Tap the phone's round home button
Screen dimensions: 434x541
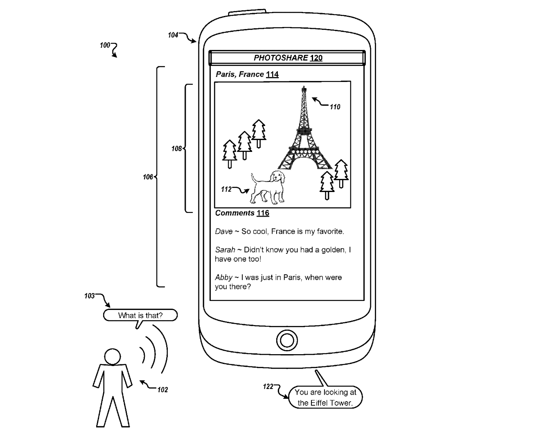pyautogui.click(x=286, y=340)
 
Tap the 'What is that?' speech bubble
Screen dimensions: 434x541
pyautogui.click(x=140, y=315)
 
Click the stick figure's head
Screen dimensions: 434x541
pyautogui.click(x=112, y=357)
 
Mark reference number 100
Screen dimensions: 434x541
pyautogui.click(x=105, y=45)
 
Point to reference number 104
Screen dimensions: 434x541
pyautogui.click(x=173, y=35)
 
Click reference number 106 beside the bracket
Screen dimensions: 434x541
pyautogui.click(x=148, y=177)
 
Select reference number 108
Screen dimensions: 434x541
pyautogui.click(x=176, y=149)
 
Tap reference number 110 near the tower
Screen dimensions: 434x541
pyautogui.click(x=335, y=107)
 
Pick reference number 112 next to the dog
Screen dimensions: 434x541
pyautogui.click(x=226, y=189)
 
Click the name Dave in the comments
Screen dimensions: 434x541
pyautogui.click(x=224, y=231)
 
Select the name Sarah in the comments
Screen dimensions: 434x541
pyautogui.click(x=225, y=250)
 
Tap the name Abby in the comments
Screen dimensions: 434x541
pyautogui.click(x=224, y=277)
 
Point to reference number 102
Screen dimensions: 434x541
pyautogui.click(x=162, y=390)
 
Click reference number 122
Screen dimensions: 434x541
pyautogui.click(x=268, y=387)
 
